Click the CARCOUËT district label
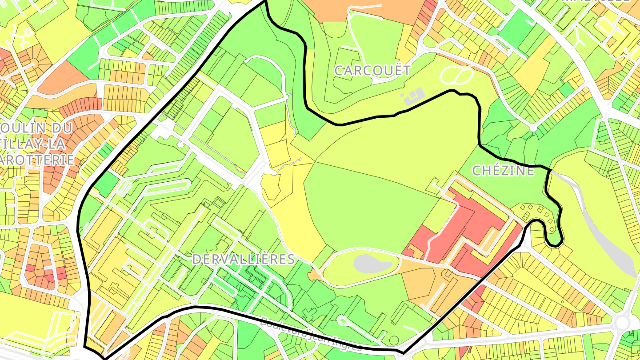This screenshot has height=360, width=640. click(x=372, y=70)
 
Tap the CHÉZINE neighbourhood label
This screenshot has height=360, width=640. click(x=503, y=171)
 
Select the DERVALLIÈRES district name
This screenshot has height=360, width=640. click(x=243, y=260)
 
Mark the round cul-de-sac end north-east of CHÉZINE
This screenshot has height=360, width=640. click(x=533, y=128)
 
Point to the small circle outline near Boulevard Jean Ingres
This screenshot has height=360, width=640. click(x=394, y=340)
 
